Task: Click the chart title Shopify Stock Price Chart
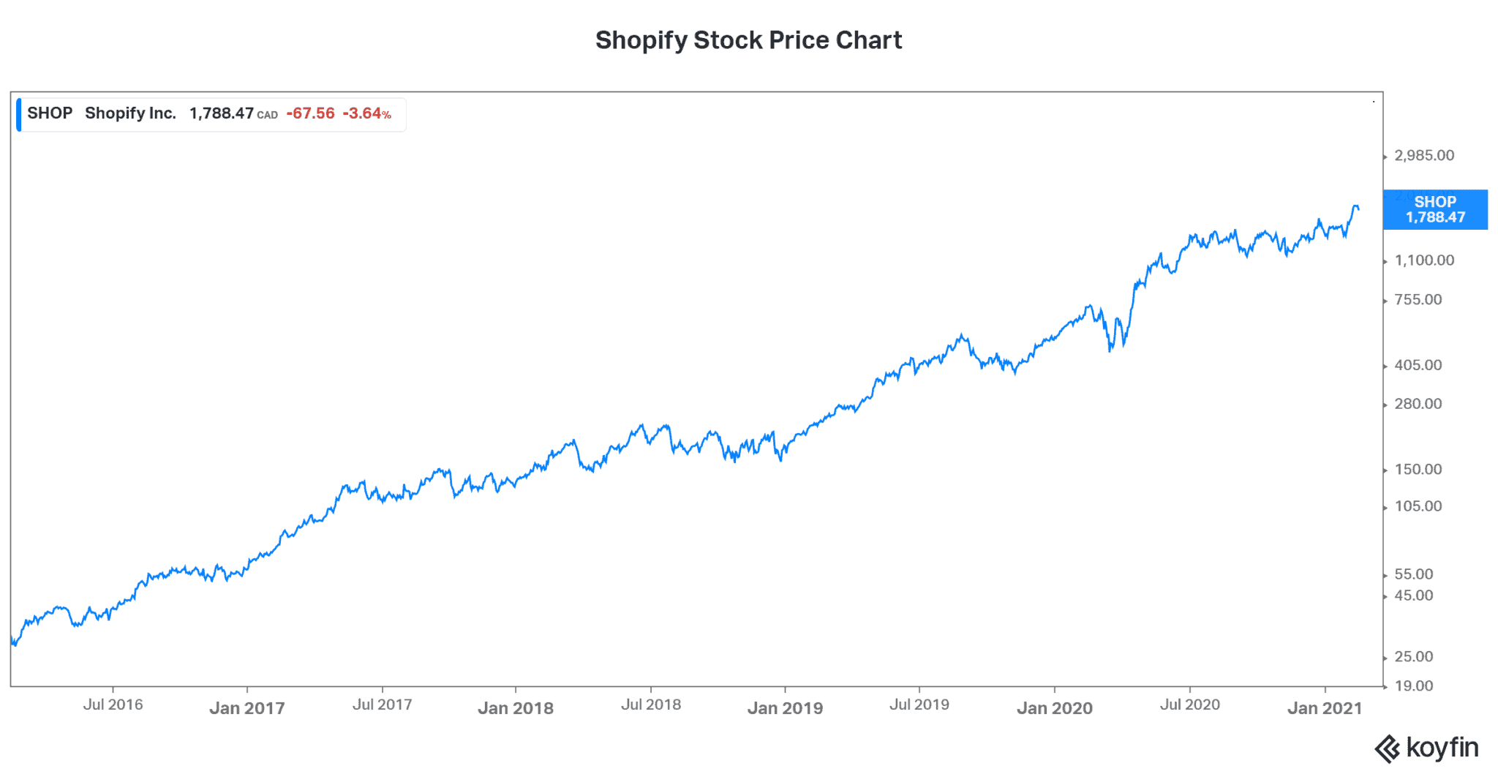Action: point(748,40)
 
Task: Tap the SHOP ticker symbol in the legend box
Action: point(50,113)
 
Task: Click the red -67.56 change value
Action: point(310,113)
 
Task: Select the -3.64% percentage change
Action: point(366,113)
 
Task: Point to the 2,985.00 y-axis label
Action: point(1423,155)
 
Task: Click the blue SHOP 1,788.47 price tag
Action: point(1434,209)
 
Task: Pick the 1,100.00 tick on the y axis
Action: point(1423,260)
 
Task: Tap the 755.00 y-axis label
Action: point(1418,299)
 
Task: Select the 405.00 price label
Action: point(1418,365)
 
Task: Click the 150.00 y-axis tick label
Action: point(1418,470)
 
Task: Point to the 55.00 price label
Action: point(1413,574)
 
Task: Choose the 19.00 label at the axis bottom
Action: point(1413,686)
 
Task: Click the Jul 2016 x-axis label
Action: point(113,705)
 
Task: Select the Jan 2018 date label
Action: point(516,708)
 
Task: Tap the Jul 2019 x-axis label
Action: point(919,705)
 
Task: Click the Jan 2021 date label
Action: point(1324,708)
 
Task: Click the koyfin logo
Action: point(1426,748)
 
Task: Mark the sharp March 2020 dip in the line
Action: point(1110,350)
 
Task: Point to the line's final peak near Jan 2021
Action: point(1355,207)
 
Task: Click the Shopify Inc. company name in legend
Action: point(130,113)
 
